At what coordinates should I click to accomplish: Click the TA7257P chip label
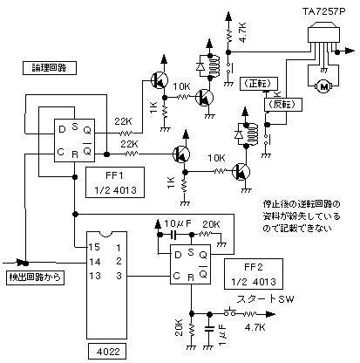coord(323,11)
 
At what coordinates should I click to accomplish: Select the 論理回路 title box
coord(50,68)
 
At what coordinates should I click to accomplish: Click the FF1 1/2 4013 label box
coord(115,182)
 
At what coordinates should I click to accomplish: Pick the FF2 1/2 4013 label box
coord(254,274)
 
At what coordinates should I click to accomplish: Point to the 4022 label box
coord(107,352)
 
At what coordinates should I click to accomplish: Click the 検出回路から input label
coord(35,277)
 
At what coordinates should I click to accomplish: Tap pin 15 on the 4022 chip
coord(94,247)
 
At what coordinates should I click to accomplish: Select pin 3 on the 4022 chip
coord(119,276)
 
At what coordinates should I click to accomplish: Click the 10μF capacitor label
coord(178,223)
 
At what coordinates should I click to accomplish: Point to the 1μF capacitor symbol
coord(209,329)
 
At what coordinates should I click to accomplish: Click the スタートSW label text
coord(265,299)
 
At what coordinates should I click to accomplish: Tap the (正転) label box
coord(259,84)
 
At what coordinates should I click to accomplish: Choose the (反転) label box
coord(283,105)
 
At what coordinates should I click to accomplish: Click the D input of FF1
coord(62,129)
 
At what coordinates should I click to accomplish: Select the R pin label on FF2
coord(191,277)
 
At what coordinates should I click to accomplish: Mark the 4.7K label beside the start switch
coord(255,327)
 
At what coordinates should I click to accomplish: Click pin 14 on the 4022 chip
coord(94,262)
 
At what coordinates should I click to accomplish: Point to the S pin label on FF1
coord(75,127)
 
